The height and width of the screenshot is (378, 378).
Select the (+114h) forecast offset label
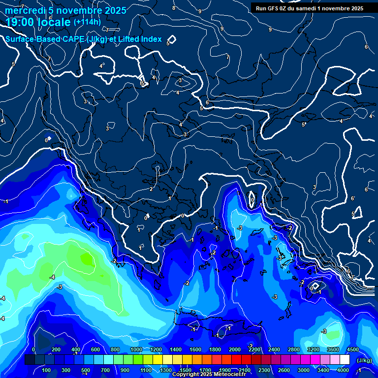tap(87, 22)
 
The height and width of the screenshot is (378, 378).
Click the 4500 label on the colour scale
tap(352, 349)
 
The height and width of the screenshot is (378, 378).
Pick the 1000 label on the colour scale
tap(136, 349)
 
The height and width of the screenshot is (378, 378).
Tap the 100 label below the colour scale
tap(47, 370)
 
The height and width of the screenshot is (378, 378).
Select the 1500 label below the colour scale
tap(186, 370)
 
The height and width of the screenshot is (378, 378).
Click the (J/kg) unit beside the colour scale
tap(364, 361)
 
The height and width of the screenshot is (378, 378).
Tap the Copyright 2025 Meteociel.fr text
tap(209, 375)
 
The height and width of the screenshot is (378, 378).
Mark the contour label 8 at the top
tap(173, 8)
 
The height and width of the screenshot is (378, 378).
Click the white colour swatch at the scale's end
tap(345, 360)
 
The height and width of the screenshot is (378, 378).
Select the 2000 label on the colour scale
tap(235, 349)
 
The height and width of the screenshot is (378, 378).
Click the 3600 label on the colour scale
tap(333, 349)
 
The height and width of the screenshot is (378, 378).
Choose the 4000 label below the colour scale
tap(343, 370)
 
